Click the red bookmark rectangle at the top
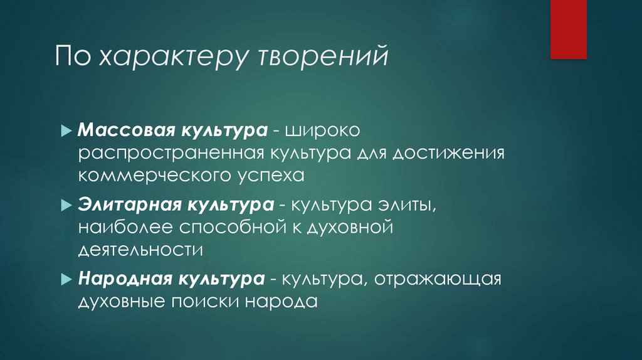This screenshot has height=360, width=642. pyautogui.click(x=568, y=29)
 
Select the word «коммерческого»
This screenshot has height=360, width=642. pyautogui.click(x=142, y=176)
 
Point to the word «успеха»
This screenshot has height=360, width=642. pyautogui.click(x=273, y=176)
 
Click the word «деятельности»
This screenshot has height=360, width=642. pyautogui.click(x=141, y=248)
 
